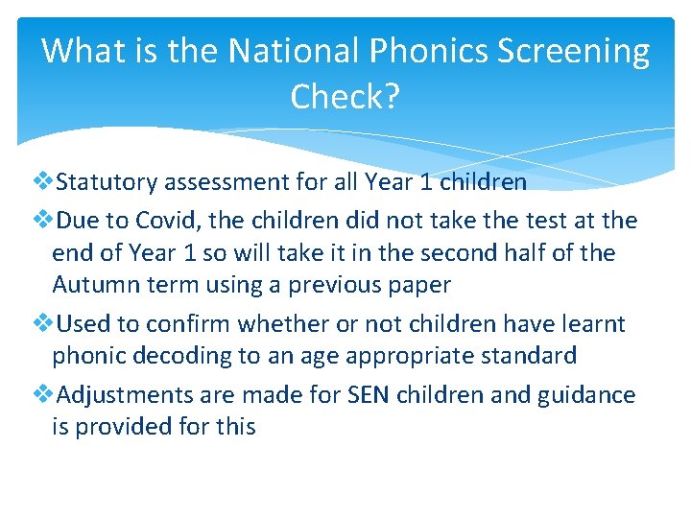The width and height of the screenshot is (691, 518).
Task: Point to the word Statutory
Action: point(108,181)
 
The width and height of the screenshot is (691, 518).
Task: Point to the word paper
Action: point(417,285)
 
